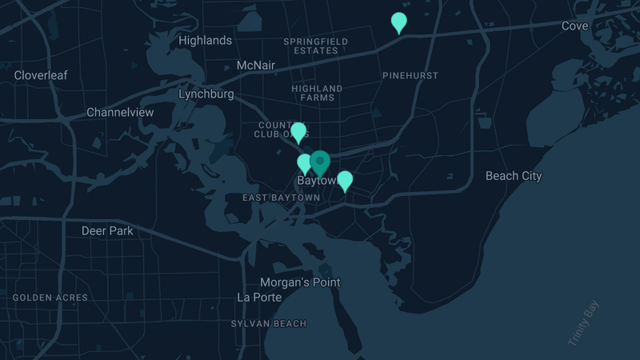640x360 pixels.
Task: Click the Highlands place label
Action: [x=206, y=40]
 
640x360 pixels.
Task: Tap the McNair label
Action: [x=256, y=65]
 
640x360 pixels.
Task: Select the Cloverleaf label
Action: [x=41, y=75]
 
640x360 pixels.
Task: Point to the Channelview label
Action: [x=120, y=112]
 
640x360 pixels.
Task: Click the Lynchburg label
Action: [x=206, y=94]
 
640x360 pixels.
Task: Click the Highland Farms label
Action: [x=317, y=93]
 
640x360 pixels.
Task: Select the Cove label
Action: [x=574, y=26]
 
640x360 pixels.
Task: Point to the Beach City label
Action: [x=514, y=175]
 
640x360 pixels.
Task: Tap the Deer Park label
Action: [x=107, y=230]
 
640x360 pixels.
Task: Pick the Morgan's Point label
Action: [x=300, y=282]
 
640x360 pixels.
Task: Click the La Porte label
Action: [x=259, y=297]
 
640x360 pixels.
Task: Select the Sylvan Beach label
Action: [x=269, y=323]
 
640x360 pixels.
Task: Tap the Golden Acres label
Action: [x=50, y=298]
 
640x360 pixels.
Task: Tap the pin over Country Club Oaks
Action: [x=298, y=132]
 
